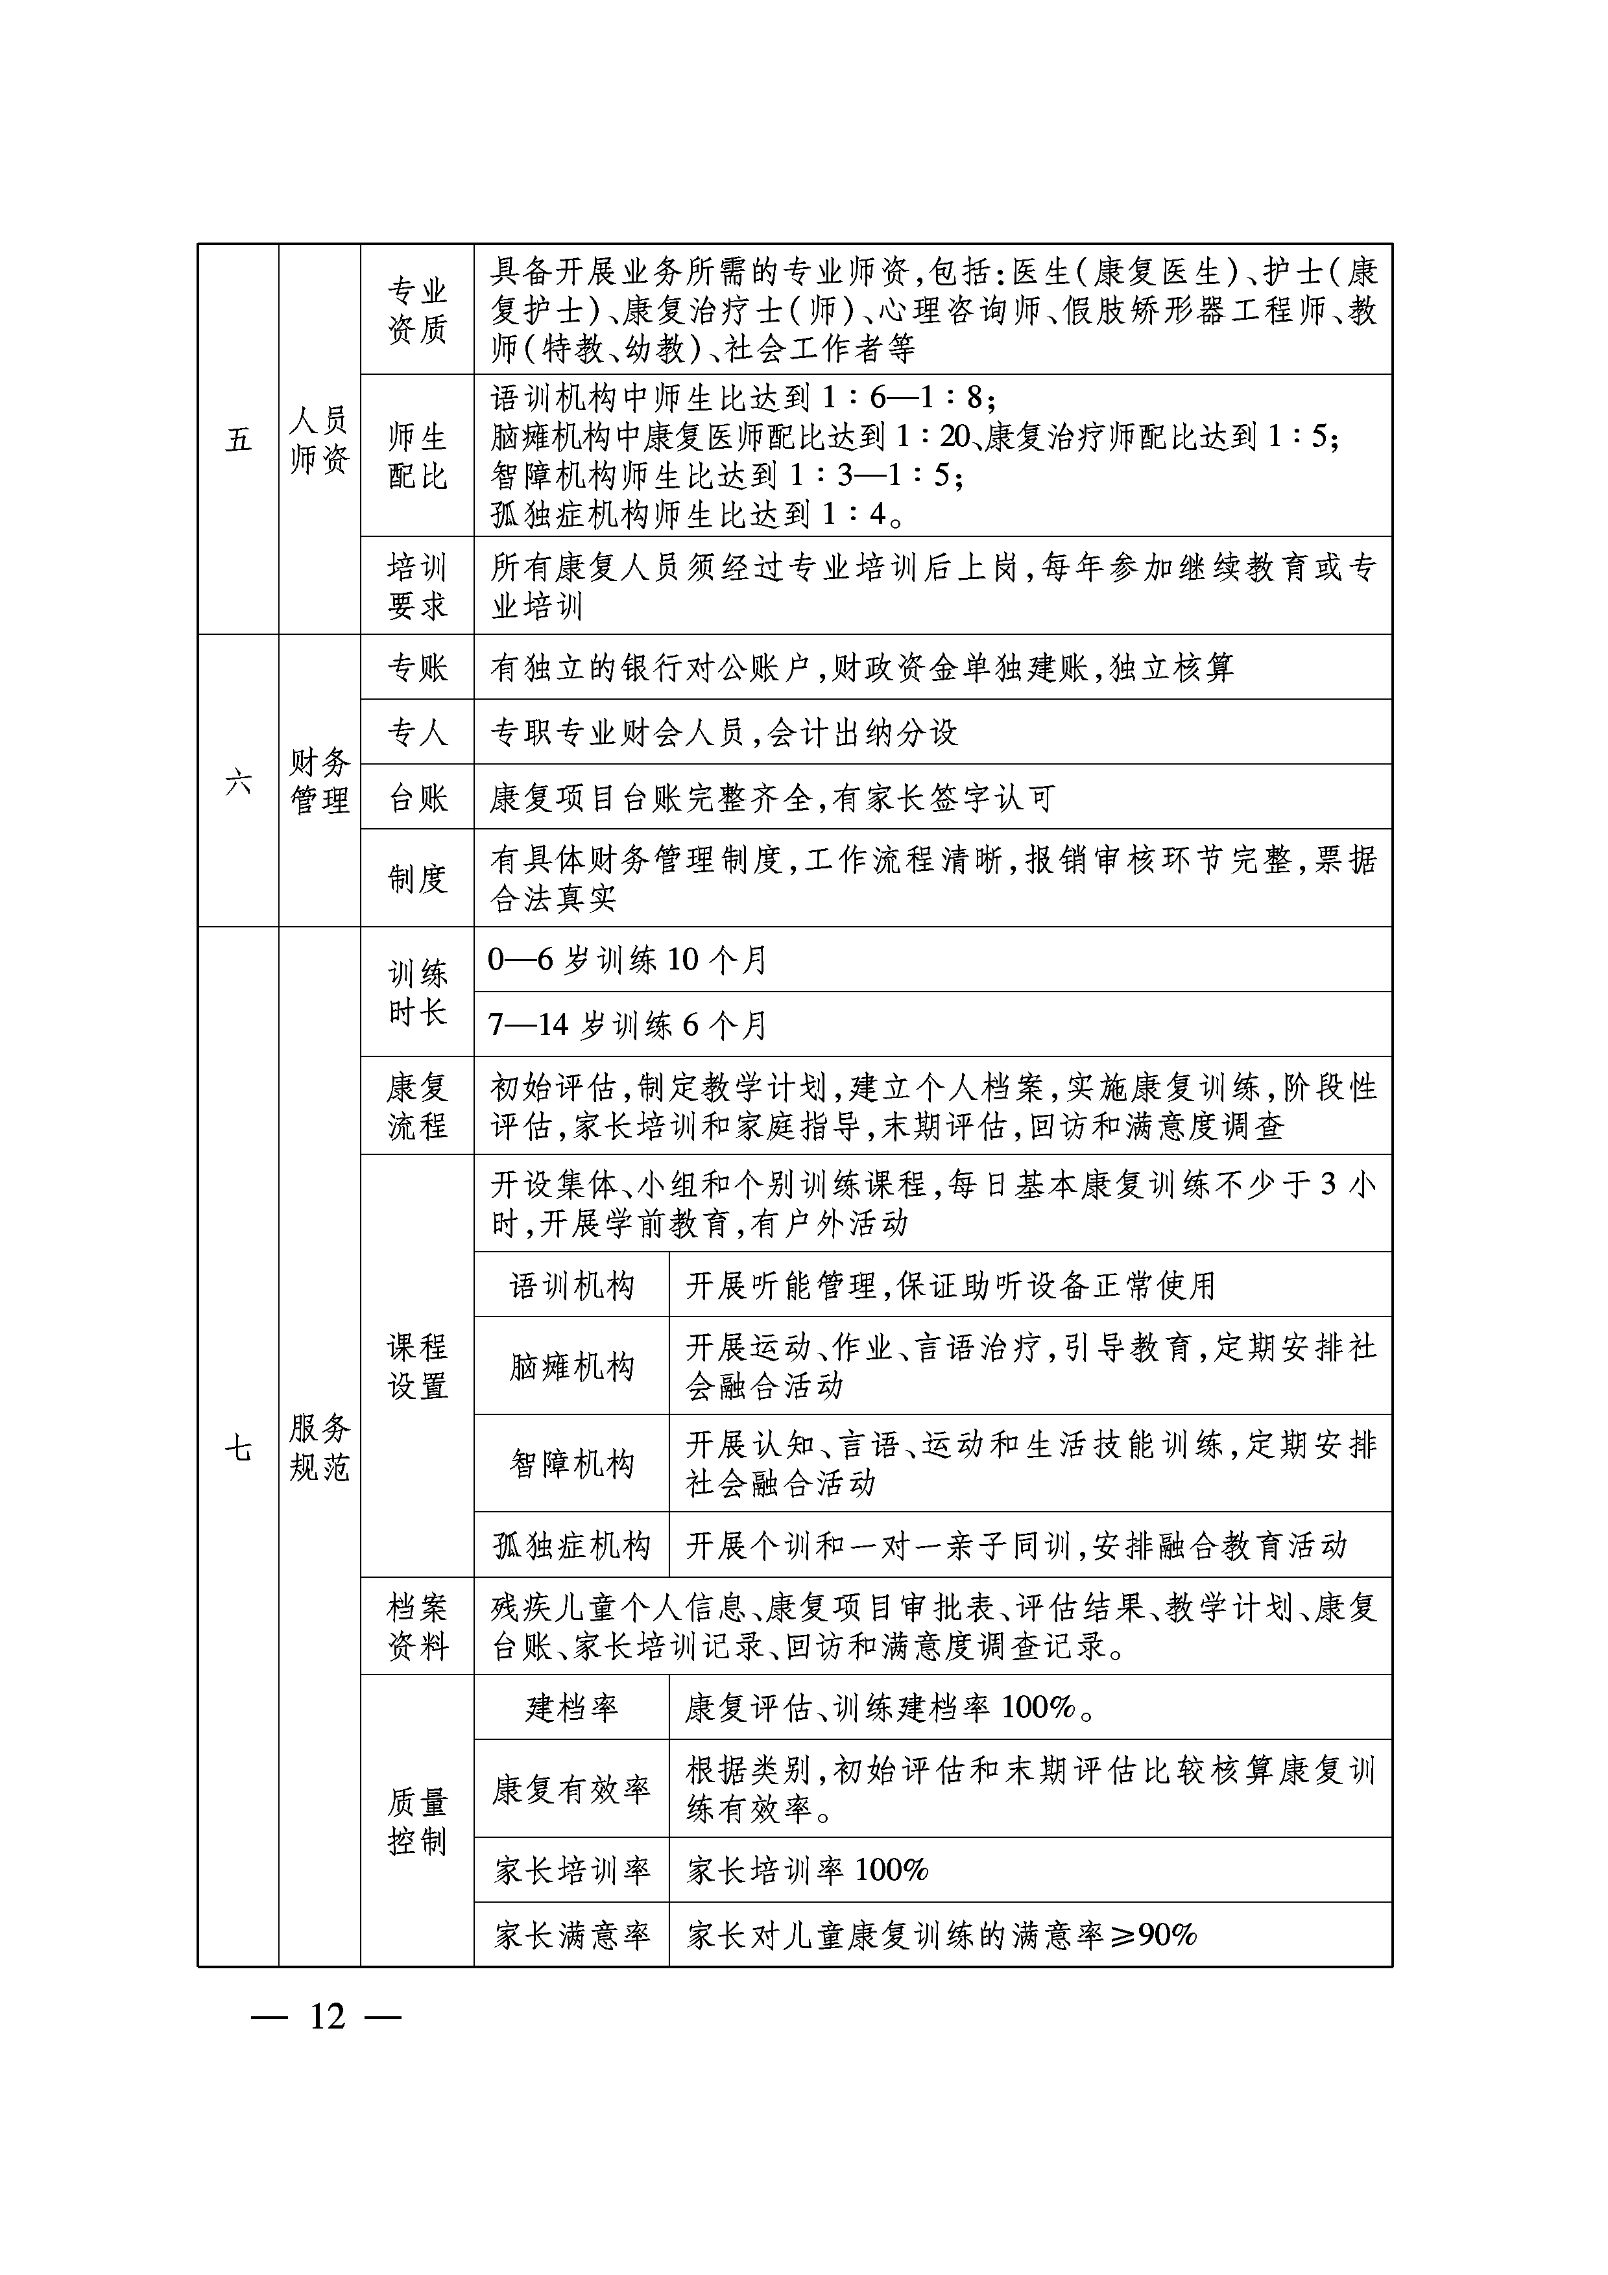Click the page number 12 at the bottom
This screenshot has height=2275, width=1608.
(x=327, y=2016)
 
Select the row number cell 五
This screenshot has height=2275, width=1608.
(x=238, y=439)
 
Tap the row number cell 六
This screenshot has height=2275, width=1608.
(x=238, y=781)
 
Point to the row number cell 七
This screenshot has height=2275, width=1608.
(x=238, y=1449)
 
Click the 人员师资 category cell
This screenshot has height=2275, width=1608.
(x=319, y=439)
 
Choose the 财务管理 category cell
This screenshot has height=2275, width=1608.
(x=319, y=781)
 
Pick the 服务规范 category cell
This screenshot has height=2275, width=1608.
(x=319, y=1449)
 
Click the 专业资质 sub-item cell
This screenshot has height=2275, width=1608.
(x=417, y=310)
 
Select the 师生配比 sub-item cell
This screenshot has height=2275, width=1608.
(x=417, y=456)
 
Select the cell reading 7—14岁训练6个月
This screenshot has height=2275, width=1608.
(x=628, y=1025)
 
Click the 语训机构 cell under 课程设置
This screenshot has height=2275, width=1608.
(x=571, y=1286)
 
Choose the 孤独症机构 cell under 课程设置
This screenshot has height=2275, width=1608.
(x=571, y=1545)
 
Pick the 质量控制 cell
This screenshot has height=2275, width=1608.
(x=417, y=1821)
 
